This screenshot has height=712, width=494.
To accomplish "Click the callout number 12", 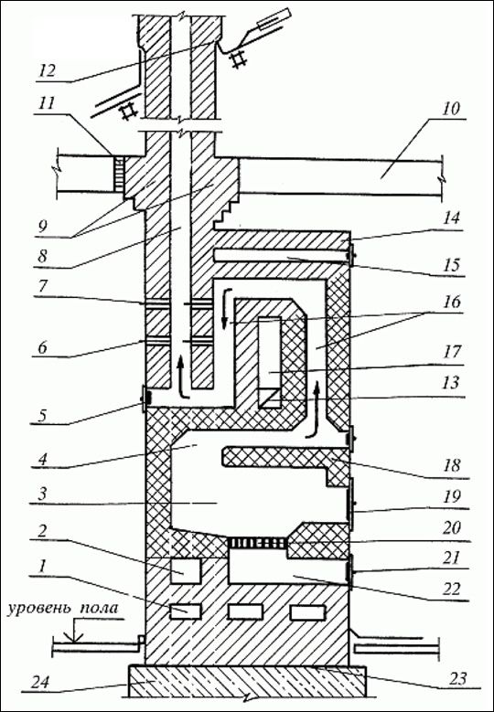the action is click(x=48, y=71).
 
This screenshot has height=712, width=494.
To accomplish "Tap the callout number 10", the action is click(x=449, y=109).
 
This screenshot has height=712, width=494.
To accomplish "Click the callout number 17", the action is click(x=451, y=351).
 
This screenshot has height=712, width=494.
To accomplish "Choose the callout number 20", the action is click(x=451, y=527).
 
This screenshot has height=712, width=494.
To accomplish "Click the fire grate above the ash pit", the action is click(x=257, y=542).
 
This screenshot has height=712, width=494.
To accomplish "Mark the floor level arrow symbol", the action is click(x=74, y=633).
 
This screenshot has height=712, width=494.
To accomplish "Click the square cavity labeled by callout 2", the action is click(x=185, y=570).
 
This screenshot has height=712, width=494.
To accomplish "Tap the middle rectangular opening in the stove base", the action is click(x=245, y=611).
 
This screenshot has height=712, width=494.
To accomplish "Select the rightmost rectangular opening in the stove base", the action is click(x=307, y=611).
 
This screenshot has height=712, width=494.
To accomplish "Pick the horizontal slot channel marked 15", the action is click(x=281, y=256).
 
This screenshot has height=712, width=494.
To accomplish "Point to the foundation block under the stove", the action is click(x=248, y=681).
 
